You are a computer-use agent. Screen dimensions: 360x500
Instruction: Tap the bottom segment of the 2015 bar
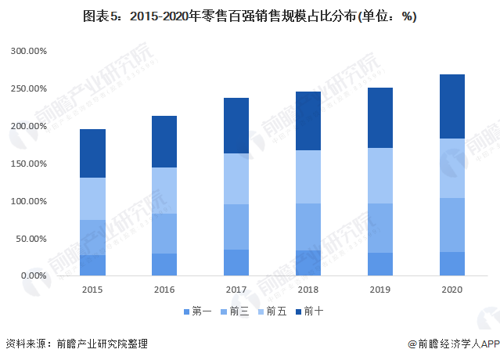(x=92, y=265)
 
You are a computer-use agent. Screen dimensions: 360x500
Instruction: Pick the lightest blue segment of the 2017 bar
(x=236, y=178)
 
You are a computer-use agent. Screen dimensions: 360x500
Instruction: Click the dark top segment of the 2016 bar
(x=164, y=142)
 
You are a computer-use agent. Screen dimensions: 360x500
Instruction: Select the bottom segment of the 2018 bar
(x=308, y=263)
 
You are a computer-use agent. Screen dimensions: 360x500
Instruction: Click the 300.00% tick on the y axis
(x=29, y=51)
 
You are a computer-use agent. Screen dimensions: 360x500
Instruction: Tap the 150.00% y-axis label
(x=29, y=126)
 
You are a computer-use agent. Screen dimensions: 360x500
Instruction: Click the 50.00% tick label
(x=31, y=239)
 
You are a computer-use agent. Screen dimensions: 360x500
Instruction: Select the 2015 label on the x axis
(x=92, y=290)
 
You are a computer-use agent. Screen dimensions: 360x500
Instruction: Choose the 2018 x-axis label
(x=308, y=290)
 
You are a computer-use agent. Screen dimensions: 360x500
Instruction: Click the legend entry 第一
(x=197, y=311)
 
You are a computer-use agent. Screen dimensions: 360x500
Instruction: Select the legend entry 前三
(x=237, y=311)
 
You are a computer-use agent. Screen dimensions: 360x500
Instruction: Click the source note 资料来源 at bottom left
(x=76, y=344)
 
